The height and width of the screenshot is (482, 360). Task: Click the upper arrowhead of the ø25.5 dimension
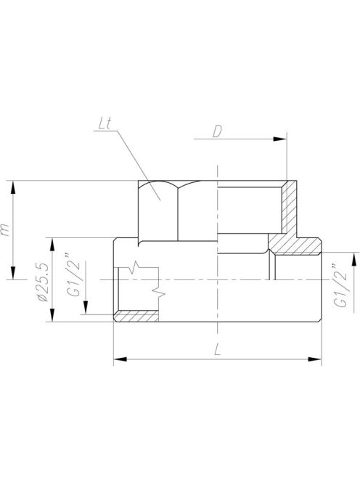click(x=53, y=242)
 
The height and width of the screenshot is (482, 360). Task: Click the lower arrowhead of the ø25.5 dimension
click(x=53, y=317)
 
